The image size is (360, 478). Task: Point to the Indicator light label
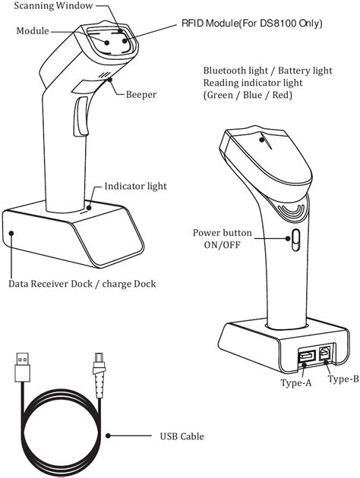point(135,185)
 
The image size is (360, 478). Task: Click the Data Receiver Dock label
point(82,285)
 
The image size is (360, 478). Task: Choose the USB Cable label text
point(182,436)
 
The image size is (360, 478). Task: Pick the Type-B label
point(343,379)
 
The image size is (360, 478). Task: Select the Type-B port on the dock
point(324,353)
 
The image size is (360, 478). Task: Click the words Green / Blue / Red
point(245,96)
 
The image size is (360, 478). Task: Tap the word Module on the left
point(33,31)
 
